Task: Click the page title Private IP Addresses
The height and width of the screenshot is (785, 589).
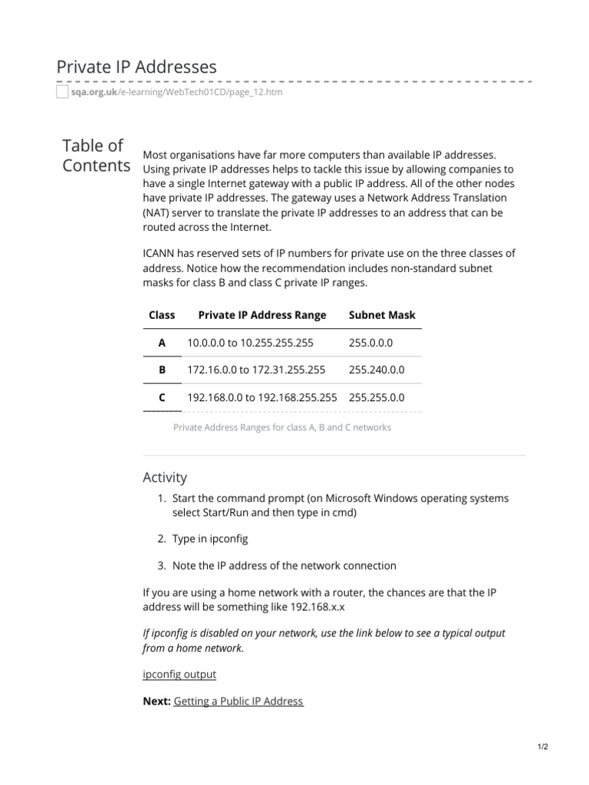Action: point(137,67)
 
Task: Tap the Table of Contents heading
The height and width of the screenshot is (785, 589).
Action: point(95,156)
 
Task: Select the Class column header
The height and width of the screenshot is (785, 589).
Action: point(162,315)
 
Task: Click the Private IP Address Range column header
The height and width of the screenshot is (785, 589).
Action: point(262,315)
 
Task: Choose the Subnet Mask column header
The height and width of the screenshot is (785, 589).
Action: point(382,315)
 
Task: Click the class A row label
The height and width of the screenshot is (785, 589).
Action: point(162,343)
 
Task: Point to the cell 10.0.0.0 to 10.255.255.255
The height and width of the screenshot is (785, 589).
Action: point(250,343)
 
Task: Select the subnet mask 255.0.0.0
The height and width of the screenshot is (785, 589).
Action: point(370,343)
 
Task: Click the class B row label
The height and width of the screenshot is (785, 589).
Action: point(162,370)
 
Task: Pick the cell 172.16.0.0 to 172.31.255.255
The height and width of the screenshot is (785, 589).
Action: point(256,370)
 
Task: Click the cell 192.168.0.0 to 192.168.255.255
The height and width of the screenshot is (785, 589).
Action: point(262,398)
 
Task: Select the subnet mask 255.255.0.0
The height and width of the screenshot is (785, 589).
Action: point(377,398)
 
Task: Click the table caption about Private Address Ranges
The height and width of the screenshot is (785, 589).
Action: point(282,427)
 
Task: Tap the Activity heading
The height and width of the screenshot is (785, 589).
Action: point(165,478)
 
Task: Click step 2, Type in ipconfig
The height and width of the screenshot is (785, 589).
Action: point(210,540)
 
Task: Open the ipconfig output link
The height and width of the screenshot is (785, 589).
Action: point(179,674)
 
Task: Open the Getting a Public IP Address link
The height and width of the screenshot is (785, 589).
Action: point(239,701)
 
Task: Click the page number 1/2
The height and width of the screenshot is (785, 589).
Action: point(543,746)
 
